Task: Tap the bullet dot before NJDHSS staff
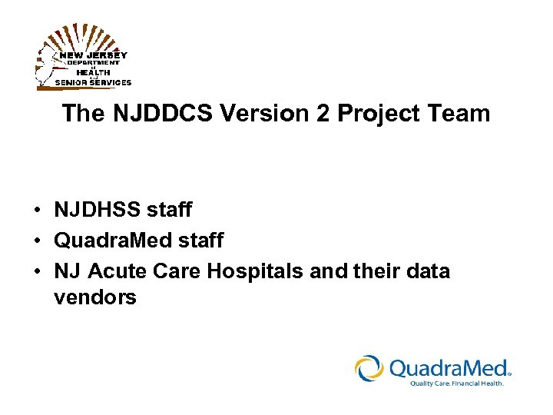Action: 36,210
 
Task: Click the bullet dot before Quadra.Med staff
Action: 36,241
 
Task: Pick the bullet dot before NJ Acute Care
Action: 36,272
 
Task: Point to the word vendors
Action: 95,297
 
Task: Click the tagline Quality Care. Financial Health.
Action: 456,383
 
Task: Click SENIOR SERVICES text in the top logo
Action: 93,82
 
